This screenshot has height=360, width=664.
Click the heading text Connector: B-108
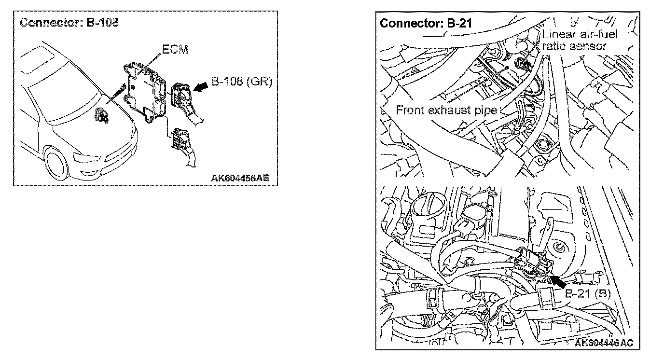69,23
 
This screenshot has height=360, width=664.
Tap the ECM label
175,50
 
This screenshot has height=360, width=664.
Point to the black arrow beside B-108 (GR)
202,85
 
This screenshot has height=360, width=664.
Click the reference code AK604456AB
240,177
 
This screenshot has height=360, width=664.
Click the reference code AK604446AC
604,342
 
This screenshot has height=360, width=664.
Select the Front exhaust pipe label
446,110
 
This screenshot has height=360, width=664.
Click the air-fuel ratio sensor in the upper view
521,63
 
